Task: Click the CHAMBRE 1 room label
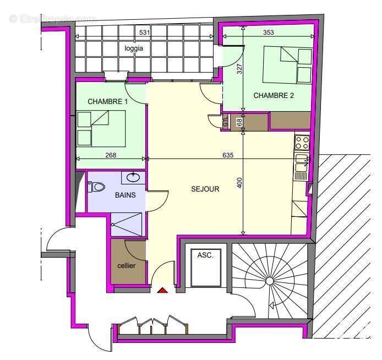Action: (x=108, y=101)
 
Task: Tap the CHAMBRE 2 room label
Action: (x=274, y=95)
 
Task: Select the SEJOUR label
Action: (x=205, y=189)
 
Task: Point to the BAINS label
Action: (x=125, y=195)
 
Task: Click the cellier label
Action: (x=127, y=265)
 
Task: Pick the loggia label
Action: (x=134, y=48)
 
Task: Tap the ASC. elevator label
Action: (x=205, y=255)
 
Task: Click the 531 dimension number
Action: (x=145, y=32)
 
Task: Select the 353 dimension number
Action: (x=268, y=32)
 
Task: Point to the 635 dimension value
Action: (x=228, y=155)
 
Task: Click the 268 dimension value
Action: (x=111, y=155)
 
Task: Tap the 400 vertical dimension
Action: (x=239, y=183)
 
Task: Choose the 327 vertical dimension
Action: (x=239, y=69)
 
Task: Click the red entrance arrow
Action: (x=162, y=290)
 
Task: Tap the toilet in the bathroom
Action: (x=96, y=187)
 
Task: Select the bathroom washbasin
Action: (x=132, y=178)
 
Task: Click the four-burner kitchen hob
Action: (x=302, y=143)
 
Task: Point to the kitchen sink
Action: (x=301, y=167)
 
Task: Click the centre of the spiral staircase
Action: (x=270, y=281)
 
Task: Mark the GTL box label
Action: (x=226, y=122)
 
